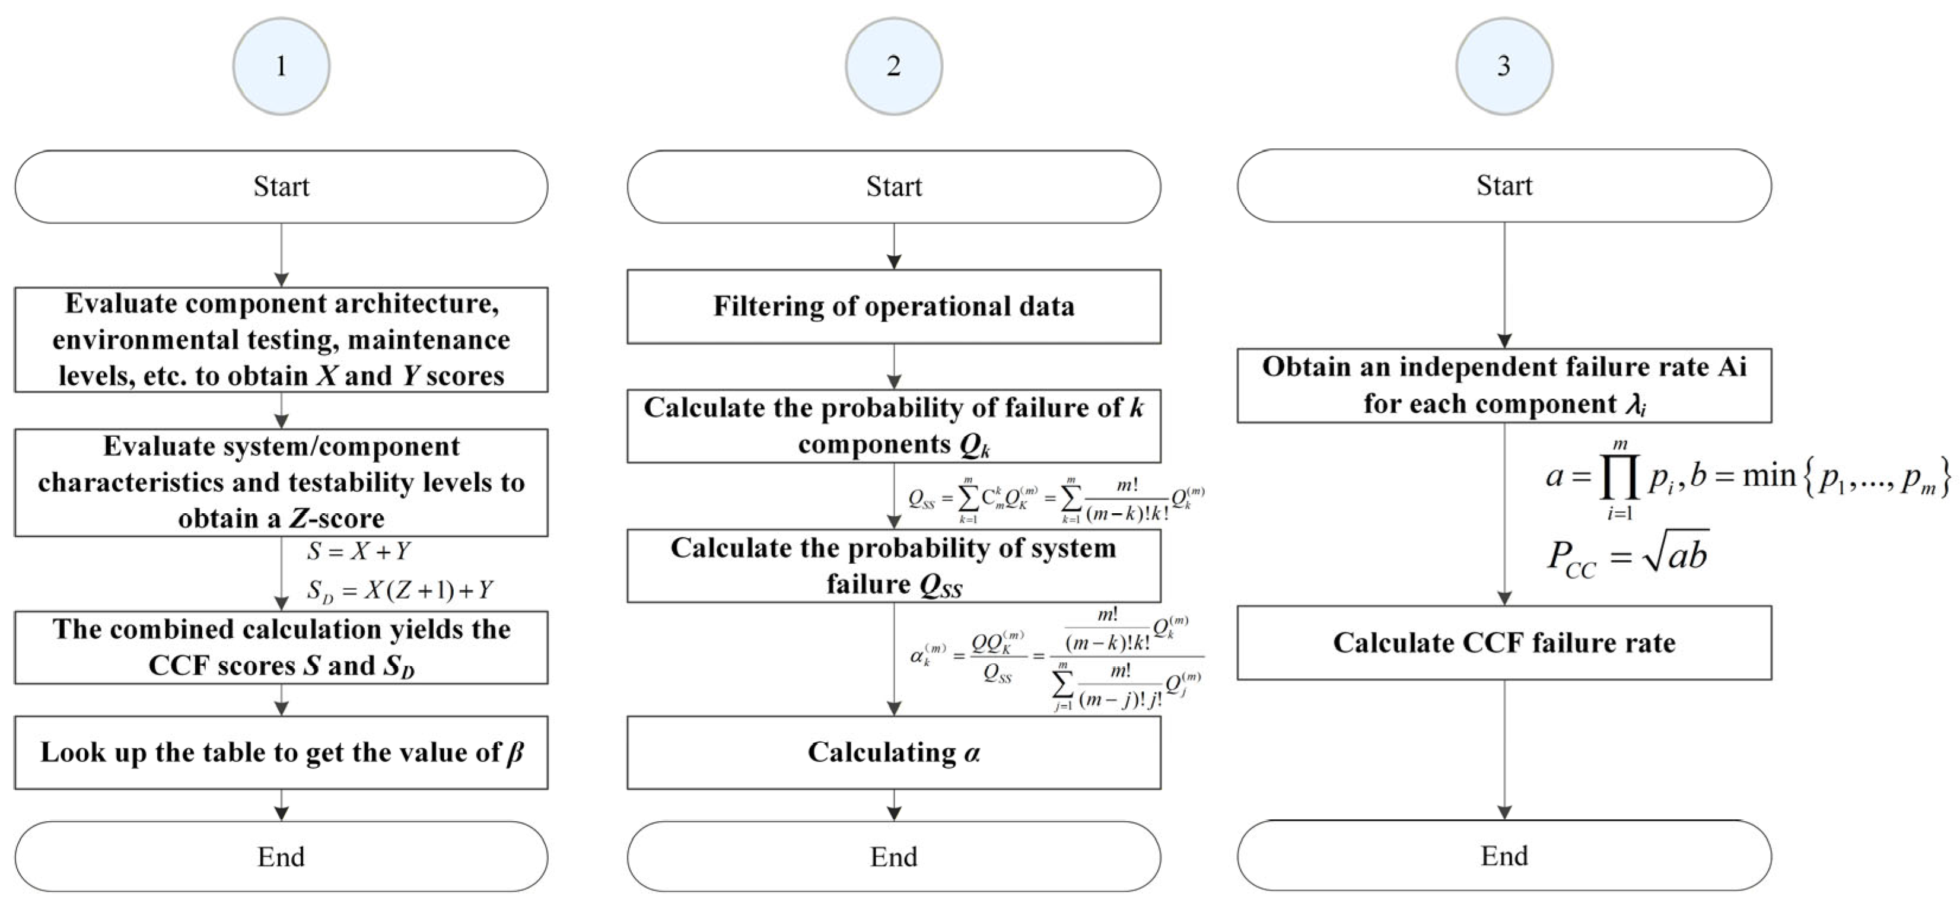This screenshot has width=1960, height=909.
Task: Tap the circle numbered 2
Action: [x=893, y=66]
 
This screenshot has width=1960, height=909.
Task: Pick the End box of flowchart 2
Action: [x=893, y=856]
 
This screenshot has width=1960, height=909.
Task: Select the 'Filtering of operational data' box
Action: [x=893, y=306]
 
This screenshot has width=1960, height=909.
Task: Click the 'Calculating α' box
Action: [x=893, y=752]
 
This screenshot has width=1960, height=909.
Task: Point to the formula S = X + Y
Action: [x=358, y=551]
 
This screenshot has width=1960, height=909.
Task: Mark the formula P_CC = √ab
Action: [x=1628, y=556]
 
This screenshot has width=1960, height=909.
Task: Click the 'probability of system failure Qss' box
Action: [x=893, y=565]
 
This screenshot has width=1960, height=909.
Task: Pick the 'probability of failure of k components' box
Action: [x=893, y=425]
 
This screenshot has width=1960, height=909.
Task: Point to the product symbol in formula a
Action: [x=1619, y=478]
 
